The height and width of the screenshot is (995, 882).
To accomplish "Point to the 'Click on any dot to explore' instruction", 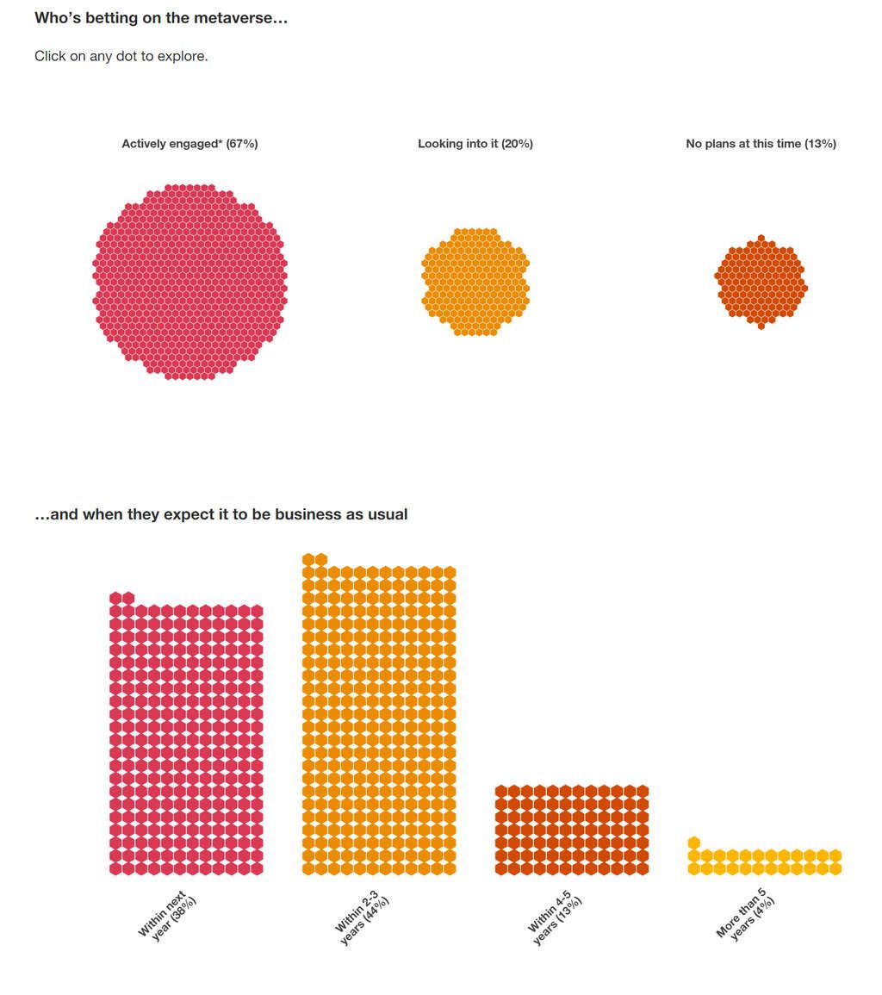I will pos(121,57).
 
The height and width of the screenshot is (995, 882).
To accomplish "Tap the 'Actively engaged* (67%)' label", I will pos(189,144).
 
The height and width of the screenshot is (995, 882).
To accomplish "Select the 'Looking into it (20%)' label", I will pos(475,144).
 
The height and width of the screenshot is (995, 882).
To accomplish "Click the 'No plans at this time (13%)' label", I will pos(761,144).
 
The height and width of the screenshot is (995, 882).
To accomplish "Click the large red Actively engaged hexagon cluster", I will pos(189,282).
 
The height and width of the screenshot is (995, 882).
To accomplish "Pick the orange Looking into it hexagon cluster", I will pos(475,282).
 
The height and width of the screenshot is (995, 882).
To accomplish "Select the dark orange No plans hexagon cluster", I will pos(761,282).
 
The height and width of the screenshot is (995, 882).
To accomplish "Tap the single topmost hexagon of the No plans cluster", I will pos(761,239).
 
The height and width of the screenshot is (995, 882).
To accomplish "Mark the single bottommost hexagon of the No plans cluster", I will pos(761,326).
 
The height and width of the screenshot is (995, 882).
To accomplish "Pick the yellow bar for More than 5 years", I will pos(765,862).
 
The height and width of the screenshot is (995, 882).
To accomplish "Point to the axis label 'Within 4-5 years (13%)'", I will pos(555,919).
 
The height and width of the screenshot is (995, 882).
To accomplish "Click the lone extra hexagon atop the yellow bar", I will pos(694,843).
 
